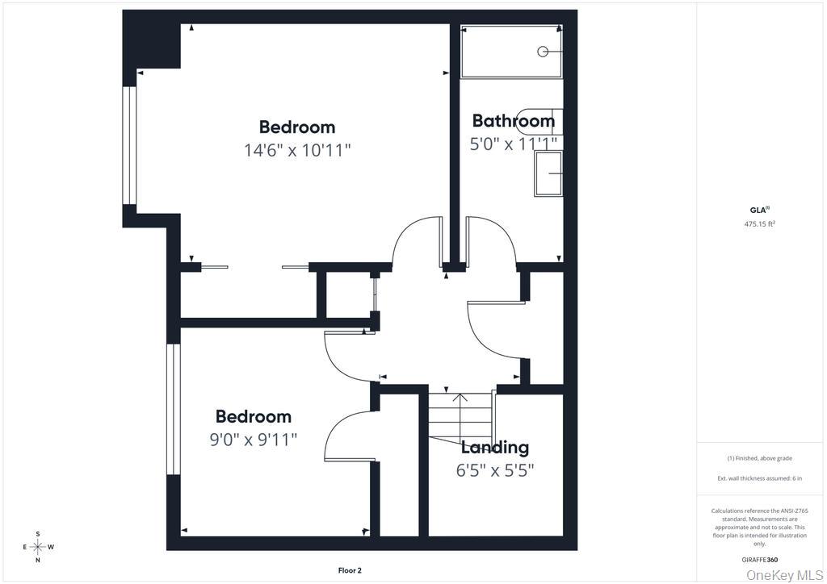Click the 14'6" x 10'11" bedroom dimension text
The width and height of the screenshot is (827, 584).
297,151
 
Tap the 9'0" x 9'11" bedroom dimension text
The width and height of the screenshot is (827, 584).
254,439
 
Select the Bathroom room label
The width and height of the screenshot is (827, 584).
513,121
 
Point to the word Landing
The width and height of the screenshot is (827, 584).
495,448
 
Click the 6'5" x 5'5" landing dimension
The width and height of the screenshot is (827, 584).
495,470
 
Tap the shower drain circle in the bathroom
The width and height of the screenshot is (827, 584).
543,51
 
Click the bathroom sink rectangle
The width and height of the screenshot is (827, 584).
548,173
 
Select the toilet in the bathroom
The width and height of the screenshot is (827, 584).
538,122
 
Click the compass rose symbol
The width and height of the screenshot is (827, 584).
38,547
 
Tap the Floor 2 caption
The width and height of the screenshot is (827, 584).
350,570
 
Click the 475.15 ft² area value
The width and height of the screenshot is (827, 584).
759,223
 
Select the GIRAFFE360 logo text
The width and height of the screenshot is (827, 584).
759,560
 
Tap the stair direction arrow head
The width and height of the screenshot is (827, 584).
460,397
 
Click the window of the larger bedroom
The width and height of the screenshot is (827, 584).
130,145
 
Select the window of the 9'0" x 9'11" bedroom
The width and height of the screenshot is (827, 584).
174,410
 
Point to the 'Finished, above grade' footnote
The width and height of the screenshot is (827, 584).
759,459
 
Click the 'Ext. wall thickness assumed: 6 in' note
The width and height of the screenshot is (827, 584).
759,478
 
